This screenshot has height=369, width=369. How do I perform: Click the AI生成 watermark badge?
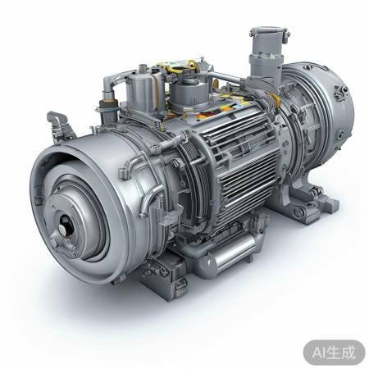334,353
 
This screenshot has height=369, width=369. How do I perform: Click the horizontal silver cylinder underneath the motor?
230,254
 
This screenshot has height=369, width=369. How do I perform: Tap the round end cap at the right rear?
328,109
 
